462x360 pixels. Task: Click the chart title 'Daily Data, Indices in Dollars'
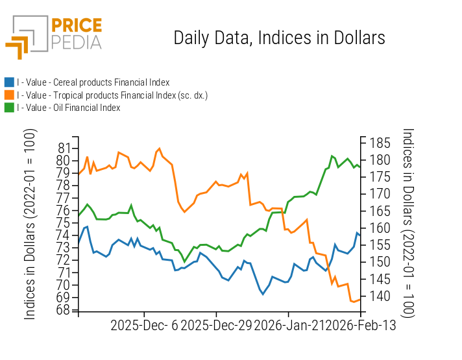[x=279, y=38]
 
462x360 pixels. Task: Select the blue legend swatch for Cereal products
[x=9, y=82]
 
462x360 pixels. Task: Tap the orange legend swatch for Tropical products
[x=9, y=95]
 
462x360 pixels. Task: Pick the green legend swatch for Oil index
[x=9, y=108]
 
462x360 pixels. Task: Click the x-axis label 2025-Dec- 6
[x=144, y=326]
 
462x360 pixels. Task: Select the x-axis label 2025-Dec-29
[x=216, y=326]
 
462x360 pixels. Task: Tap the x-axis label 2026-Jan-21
[x=288, y=326]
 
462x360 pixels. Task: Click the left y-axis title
[x=30, y=224]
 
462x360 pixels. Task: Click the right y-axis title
[x=407, y=224]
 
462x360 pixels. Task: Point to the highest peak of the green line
[x=332, y=156]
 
